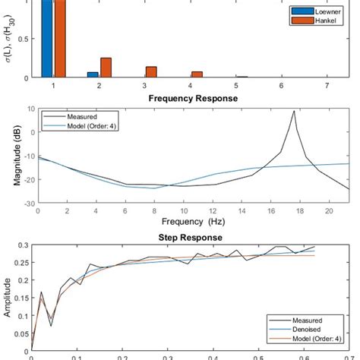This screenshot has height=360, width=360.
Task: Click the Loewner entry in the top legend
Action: pos(311,12)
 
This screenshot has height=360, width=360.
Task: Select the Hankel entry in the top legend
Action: pos(310,21)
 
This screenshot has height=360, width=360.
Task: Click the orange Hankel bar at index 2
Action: pos(106,68)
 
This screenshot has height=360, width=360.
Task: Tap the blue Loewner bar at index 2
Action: pos(93,74)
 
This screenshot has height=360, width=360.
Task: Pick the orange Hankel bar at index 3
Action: pos(151,72)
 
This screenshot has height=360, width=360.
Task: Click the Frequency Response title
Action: pos(193,99)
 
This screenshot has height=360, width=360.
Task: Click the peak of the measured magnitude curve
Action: pos(294,112)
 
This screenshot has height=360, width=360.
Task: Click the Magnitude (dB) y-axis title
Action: pos(17,156)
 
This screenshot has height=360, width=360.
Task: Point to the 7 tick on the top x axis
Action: pos(327,87)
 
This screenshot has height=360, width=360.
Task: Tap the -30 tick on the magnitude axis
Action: pos(22,204)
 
